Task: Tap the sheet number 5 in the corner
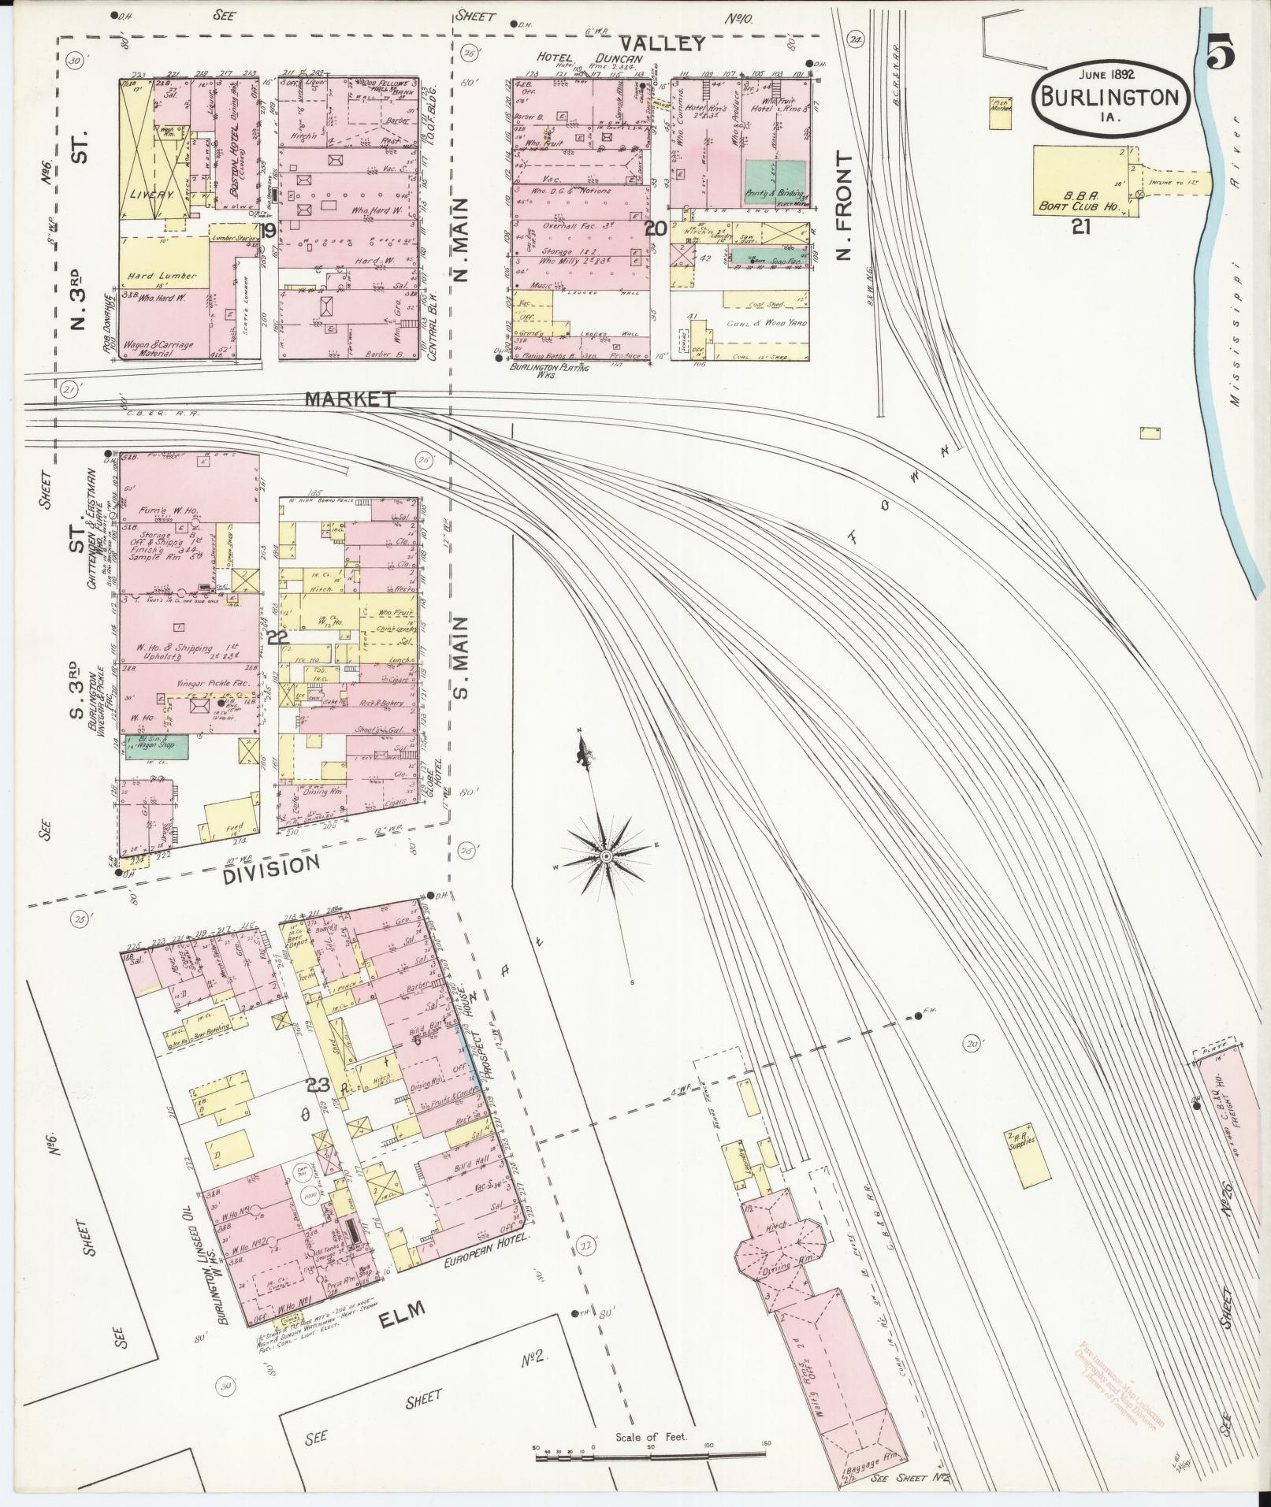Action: pyautogui.click(x=1219, y=56)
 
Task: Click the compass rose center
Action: pyautogui.click(x=606, y=856)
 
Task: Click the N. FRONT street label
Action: pyautogui.click(x=845, y=206)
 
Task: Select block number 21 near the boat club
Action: pyautogui.click(x=1080, y=228)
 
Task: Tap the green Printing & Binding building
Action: pyautogui.click(x=775, y=180)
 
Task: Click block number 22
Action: pyautogui.click(x=275, y=638)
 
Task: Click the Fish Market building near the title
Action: pyautogui.click(x=1001, y=113)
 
